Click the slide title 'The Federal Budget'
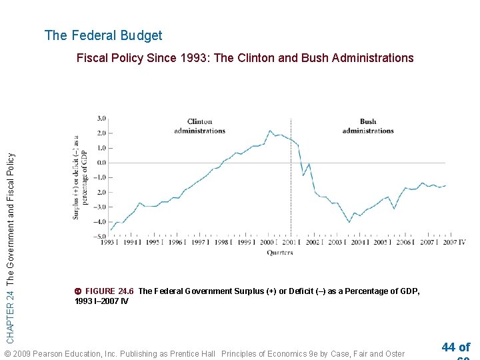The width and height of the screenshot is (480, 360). click(x=103, y=35)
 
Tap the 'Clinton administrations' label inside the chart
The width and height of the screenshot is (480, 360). click(x=199, y=126)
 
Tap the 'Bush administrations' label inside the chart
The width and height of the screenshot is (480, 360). click(x=367, y=126)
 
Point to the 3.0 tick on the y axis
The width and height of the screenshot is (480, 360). click(x=101, y=119)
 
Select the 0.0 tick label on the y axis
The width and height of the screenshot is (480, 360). click(x=101, y=163)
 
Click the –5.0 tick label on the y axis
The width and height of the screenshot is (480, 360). click(x=100, y=237)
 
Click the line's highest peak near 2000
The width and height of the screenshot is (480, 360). click(x=270, y=131)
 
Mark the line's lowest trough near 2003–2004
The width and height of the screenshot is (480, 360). click(x=349, y=222)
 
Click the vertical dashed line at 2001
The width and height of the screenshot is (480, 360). click(x=291, y=193)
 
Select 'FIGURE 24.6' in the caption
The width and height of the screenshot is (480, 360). click(x=109, y=291)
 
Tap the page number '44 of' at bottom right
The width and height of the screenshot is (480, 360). click(x=455, y=347)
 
